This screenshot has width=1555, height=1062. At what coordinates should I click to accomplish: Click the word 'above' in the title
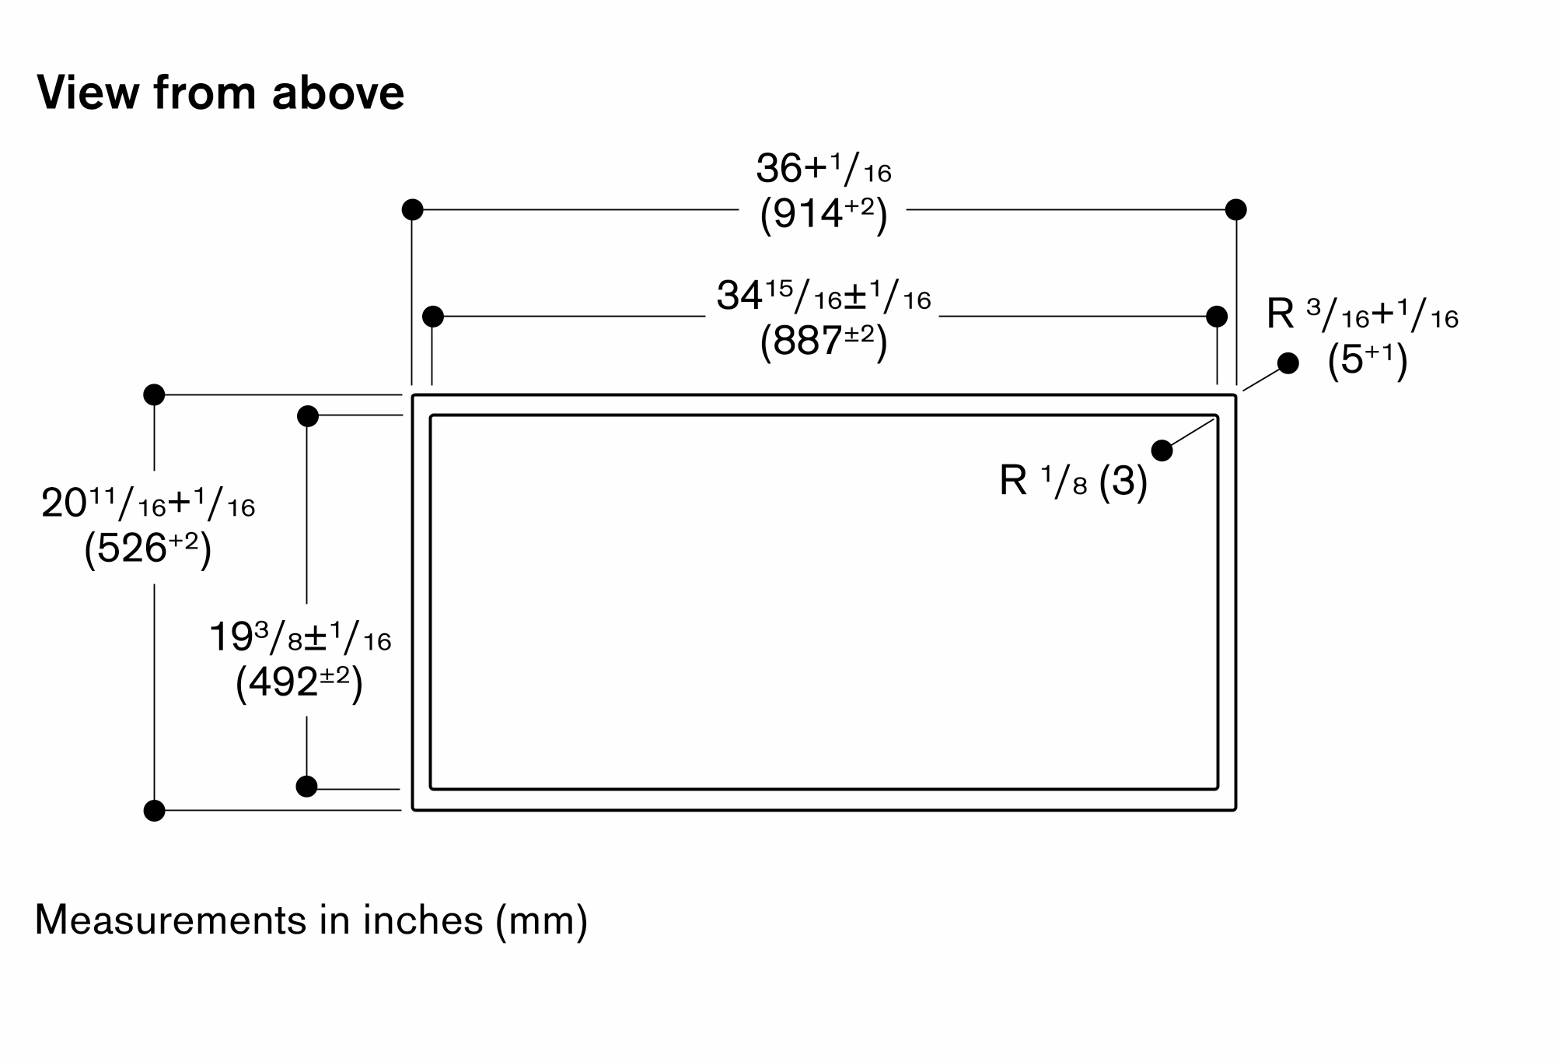(x=338, y=93)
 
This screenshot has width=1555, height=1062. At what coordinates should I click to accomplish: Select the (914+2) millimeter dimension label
(x=823, y=214)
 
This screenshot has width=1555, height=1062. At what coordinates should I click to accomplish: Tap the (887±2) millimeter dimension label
(x=823, y=341)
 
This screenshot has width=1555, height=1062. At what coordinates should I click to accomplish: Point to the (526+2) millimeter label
(x=148, y=549)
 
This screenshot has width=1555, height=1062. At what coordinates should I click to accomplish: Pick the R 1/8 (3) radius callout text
(x=1074, y=481)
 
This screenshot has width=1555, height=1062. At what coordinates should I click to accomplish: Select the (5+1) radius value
(x=1368, y=361)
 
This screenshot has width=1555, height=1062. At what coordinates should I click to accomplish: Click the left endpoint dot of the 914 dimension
(x=413, y=209)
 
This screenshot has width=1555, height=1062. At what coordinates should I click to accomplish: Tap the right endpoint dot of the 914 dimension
(x=1235, y=209)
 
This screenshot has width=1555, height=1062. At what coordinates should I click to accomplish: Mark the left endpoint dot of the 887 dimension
(x=433, y=317)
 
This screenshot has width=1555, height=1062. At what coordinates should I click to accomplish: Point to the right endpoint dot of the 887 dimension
(x=1217, y=317)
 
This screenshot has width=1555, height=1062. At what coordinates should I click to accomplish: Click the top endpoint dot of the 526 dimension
(x=154, y=394)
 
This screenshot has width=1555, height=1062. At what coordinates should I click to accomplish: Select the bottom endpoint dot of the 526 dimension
(x=155, y=811)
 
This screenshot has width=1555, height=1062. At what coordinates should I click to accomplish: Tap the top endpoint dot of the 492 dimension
(x=308, y=416)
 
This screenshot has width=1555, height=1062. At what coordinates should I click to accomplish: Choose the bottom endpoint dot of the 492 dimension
(x=307, y=787)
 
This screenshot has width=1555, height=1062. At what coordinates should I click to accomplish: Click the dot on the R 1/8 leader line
(x=1162, y=450)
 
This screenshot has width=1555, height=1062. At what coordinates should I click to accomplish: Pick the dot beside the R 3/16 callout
(x=1288, y=363)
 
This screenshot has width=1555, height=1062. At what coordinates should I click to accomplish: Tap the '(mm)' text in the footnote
(x=541, y=921)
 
